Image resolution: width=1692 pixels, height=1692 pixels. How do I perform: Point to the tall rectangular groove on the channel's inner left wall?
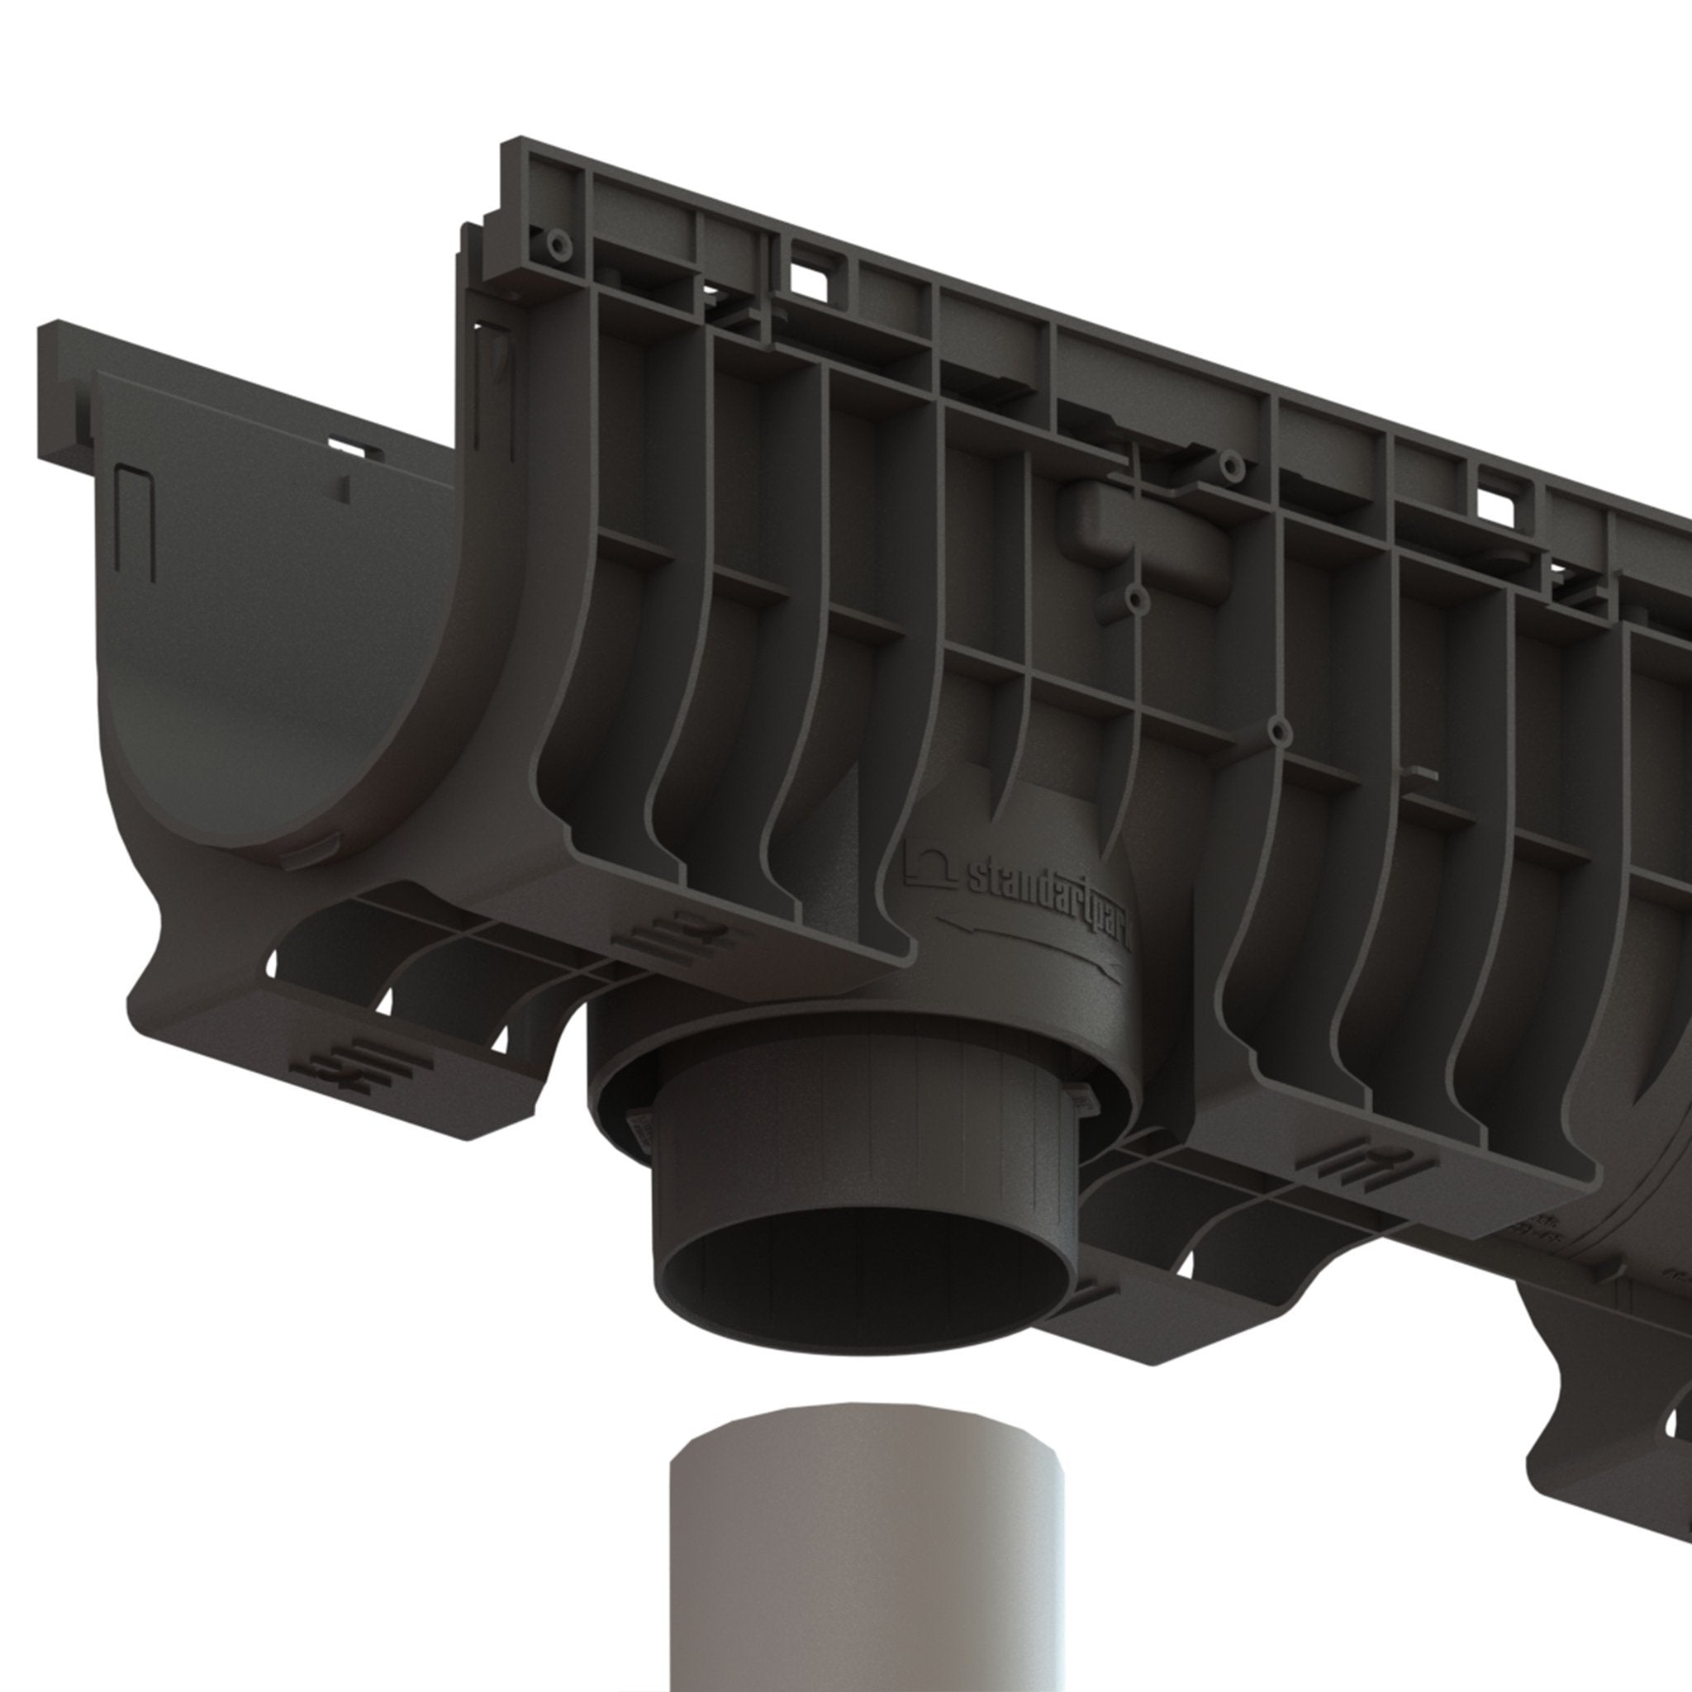(136, 525)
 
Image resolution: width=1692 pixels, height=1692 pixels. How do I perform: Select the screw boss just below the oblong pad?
(1138, 600)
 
